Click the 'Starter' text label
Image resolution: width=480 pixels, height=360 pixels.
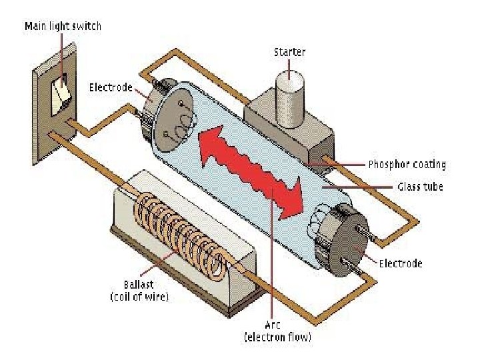click(291, 51)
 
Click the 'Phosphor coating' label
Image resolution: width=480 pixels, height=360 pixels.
click(407, 164)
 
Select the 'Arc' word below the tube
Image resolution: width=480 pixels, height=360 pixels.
click(277, 325)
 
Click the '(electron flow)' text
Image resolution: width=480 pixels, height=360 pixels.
click(277, 338)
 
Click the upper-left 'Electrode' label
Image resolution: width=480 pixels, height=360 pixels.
click(111, 88)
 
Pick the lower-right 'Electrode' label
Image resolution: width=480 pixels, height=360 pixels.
click(400, 263)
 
